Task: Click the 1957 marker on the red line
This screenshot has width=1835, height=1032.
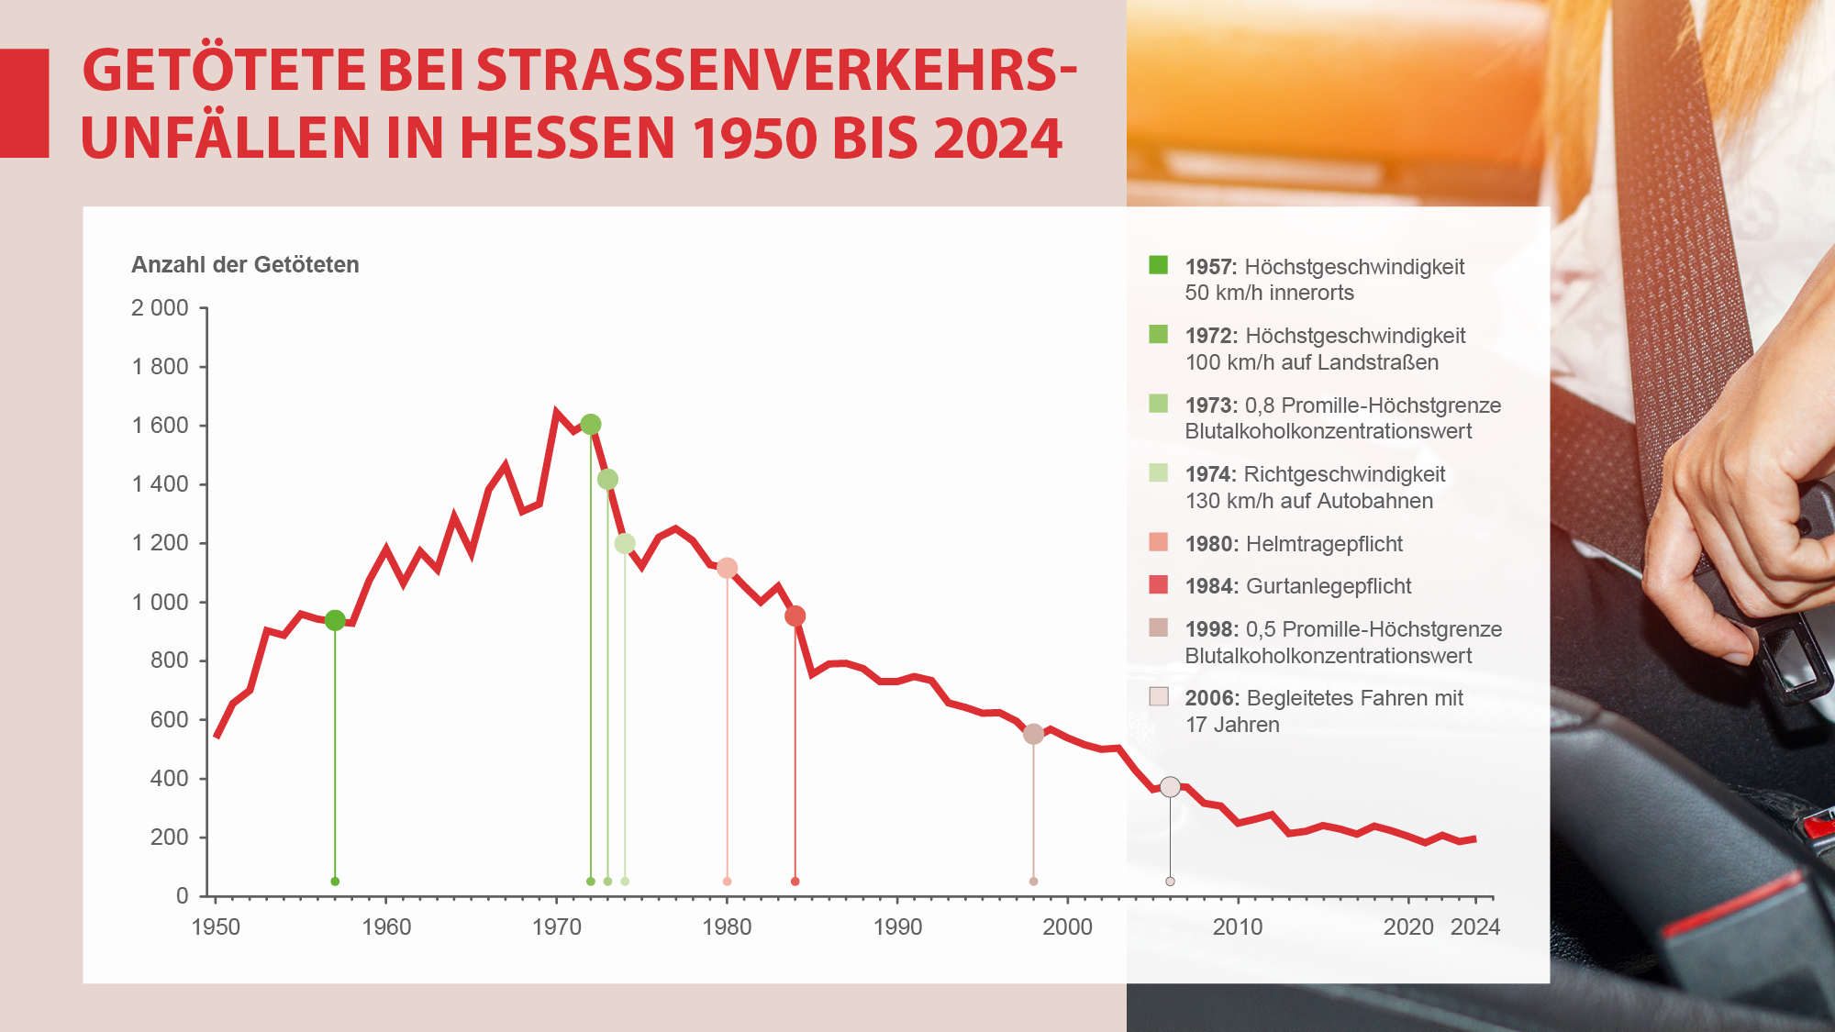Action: [335, 620]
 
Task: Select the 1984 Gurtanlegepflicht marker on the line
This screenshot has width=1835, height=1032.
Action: [795, 616]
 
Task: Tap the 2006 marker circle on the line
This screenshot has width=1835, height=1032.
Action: [1170, 787]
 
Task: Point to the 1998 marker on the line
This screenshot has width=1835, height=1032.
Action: [1033, 734]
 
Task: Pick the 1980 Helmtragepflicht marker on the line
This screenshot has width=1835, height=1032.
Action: [727, 568]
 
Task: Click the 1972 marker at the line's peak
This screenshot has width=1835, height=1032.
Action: [591, 424]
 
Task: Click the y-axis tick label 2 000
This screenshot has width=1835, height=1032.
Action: [160, 308]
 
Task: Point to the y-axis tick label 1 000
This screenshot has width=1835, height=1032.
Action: [160, 602]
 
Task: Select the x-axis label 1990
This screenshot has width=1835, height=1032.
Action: [897, 927]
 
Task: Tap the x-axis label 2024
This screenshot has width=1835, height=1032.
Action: [1474, 927]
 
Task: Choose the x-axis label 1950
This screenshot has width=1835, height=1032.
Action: [216, 927]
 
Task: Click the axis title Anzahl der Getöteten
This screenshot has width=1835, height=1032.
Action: [245, 265]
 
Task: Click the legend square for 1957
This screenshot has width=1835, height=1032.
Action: [1158, 265]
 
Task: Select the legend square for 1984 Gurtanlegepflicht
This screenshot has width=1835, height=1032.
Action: [1158, 585]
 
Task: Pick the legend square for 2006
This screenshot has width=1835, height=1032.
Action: [1158, 696]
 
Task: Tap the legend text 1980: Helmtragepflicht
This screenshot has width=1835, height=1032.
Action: [1294, 544]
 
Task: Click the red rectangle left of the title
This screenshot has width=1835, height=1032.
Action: [24, 103]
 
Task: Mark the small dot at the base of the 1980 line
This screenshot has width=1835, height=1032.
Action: [727, 882]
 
